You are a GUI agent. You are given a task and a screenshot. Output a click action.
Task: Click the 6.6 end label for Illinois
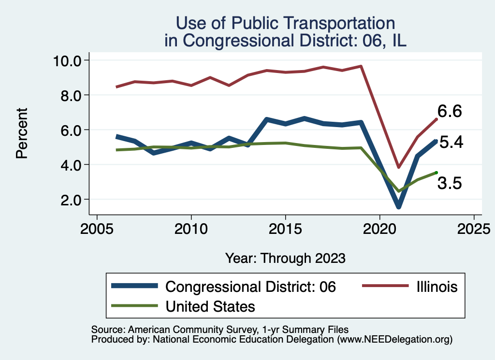(450, 112)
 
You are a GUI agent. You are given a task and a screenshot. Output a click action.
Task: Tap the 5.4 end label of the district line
(451, 143)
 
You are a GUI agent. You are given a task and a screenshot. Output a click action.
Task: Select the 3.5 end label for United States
(450, 183)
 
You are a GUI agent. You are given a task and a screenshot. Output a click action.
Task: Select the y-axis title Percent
(21, 133)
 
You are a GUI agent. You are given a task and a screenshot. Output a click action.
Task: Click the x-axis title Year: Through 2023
(285, 258)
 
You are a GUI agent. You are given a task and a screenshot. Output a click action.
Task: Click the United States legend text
(210, 306)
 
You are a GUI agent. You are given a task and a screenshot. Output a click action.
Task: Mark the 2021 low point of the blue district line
(399, 206)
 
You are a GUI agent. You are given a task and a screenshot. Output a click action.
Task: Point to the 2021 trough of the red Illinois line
(398, 167)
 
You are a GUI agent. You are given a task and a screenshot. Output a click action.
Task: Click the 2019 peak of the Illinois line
(361, 66)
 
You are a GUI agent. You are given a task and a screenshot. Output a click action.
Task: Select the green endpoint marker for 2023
(436, 173)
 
